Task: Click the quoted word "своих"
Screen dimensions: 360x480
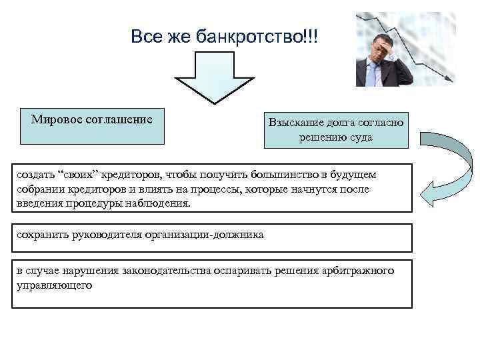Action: tap(80, 175)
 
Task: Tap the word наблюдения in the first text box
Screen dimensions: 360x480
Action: tap(160, 203)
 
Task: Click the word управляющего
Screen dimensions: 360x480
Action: tap(54, 285)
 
